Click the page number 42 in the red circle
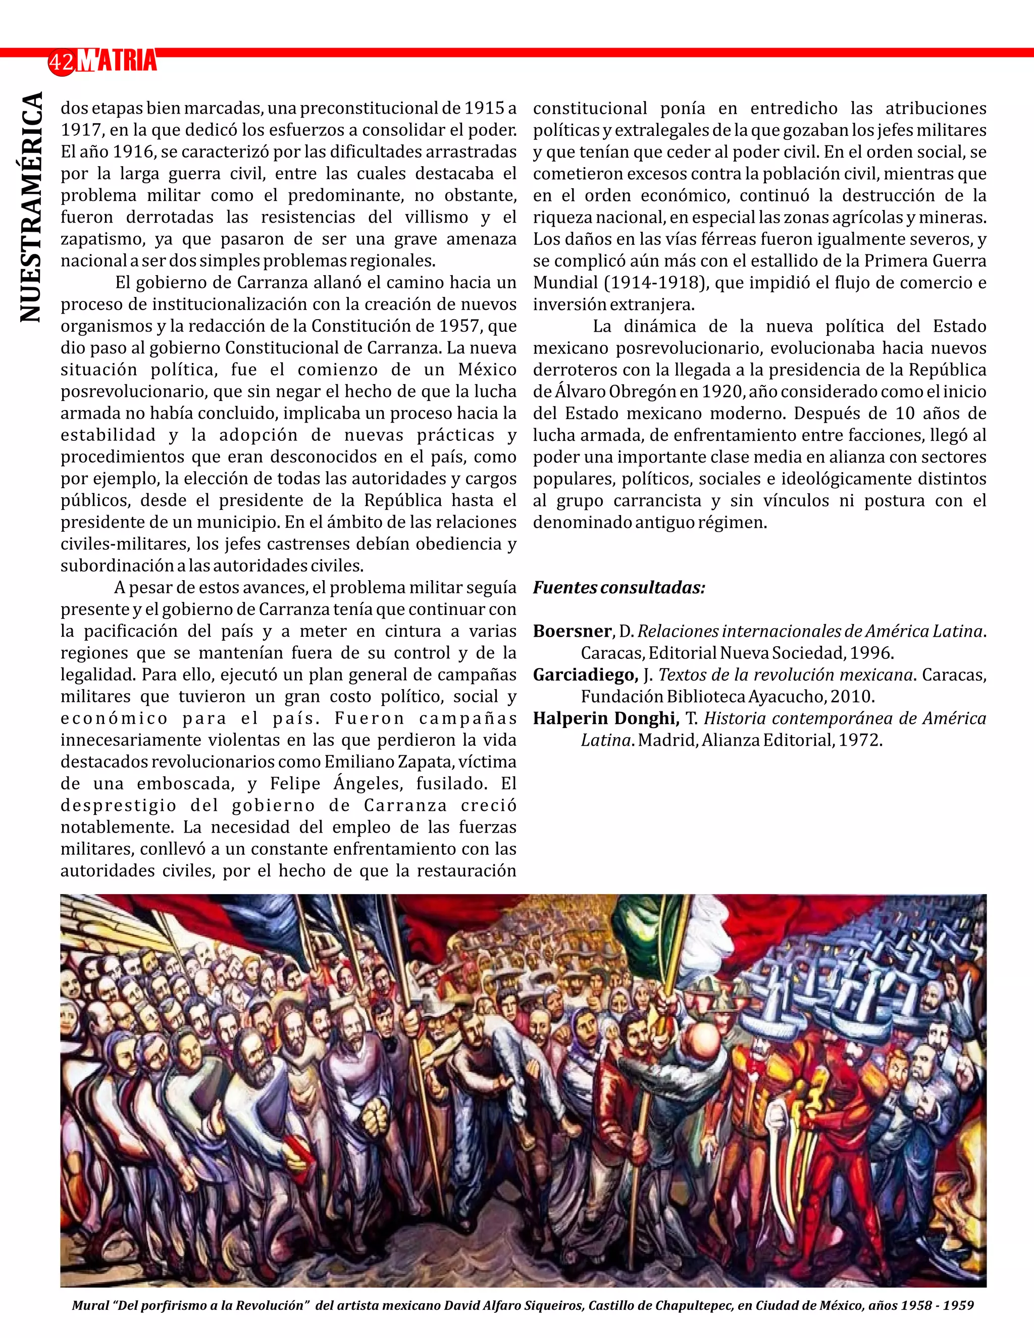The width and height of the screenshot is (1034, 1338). pyautogui.click(x=61, y=63)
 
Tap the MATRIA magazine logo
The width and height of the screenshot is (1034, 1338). pyautogui.click(x=118, y=61)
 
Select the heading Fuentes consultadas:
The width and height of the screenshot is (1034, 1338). pyautogui.click(x=618, y=588)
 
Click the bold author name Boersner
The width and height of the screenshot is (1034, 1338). pyautogui.click(x=572, y=631)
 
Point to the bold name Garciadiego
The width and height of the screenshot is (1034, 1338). pyautogui.click(x=585, y=675)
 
